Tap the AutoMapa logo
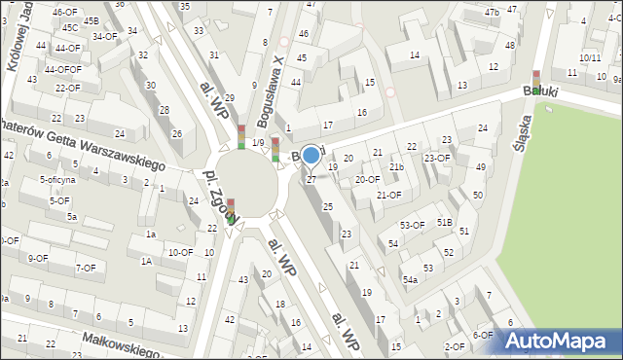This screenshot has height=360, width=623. pos(560,341)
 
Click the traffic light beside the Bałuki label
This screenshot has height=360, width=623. pos(535,83)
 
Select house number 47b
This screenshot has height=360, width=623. pos(492,12)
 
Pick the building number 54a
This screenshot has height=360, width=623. pos(411,280)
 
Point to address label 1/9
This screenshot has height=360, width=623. pos(257,143)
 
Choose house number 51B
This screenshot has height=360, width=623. pos(444,222)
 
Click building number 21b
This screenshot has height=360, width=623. pos(396,166)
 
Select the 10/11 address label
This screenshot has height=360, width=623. pos(590,58)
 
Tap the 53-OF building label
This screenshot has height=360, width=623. pos(413,225)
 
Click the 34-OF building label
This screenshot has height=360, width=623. pos(103,37)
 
